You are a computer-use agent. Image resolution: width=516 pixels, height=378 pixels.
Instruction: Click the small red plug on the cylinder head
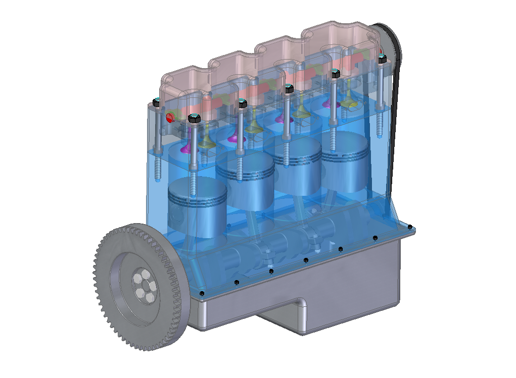click(169, 118)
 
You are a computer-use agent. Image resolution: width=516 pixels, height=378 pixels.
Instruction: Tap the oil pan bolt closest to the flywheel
click(202, 293)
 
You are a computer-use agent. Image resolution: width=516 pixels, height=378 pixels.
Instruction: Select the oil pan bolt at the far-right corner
click(409, 226)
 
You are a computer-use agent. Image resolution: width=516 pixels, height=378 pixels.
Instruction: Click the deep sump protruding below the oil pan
click(283, 315)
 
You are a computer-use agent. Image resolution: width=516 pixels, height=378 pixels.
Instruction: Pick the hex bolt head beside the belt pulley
click(382, 59)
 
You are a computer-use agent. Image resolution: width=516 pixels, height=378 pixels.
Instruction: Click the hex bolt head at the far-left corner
click(157, 102)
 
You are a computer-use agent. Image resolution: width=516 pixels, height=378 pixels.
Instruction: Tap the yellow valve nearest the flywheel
click(206, 144)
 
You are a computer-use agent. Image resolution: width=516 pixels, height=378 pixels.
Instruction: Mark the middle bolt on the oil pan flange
click(306, 260)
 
